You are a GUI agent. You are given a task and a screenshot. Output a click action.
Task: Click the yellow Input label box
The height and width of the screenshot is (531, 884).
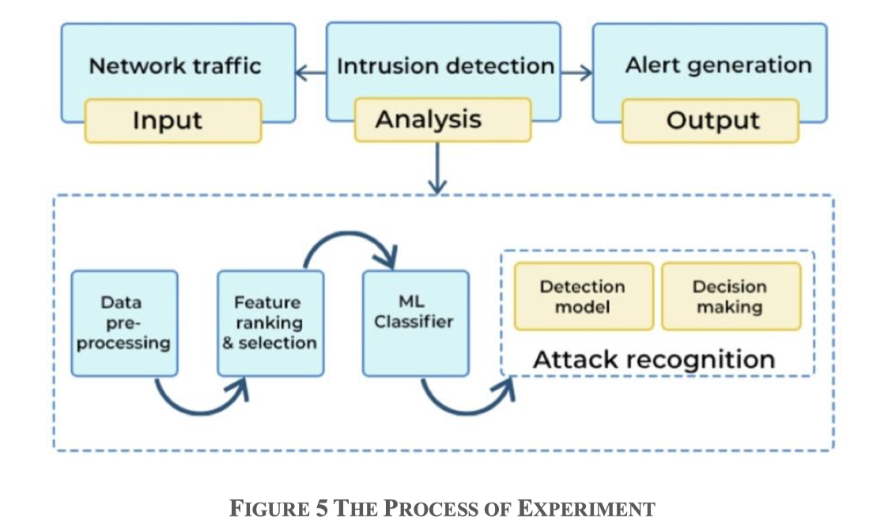[x=172, y=121]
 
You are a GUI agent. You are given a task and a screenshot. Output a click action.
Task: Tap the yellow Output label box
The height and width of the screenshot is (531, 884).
[x=710, y=121]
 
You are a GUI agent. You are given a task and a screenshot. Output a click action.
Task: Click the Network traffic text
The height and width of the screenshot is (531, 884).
[x=175, y=66]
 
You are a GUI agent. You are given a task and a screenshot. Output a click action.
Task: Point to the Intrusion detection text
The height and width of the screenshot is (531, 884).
[x=445, y=66]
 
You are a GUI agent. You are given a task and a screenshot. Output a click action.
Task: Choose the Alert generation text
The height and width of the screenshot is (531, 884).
[x=718, y=65]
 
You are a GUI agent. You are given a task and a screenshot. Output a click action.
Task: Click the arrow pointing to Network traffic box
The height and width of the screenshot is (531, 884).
[x=309, y=73]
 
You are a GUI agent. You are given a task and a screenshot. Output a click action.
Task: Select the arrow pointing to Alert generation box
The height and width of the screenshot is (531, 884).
[x=576, y=73]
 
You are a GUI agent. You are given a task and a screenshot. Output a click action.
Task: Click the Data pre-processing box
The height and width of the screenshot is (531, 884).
[x=124, y=322]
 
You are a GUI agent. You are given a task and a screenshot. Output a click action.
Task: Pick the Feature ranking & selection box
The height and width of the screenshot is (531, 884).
[x=270, y=322]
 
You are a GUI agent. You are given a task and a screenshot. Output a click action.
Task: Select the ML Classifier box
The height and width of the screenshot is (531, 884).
[x=415, y=322]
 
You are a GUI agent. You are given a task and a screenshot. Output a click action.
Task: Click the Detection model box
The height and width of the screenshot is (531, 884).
[x=584, y=296]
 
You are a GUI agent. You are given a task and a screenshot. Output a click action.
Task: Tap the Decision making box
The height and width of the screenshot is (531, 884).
[x=730, y=296]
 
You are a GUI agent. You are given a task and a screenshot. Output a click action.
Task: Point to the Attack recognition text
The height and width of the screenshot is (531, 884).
[x=653, y=360]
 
